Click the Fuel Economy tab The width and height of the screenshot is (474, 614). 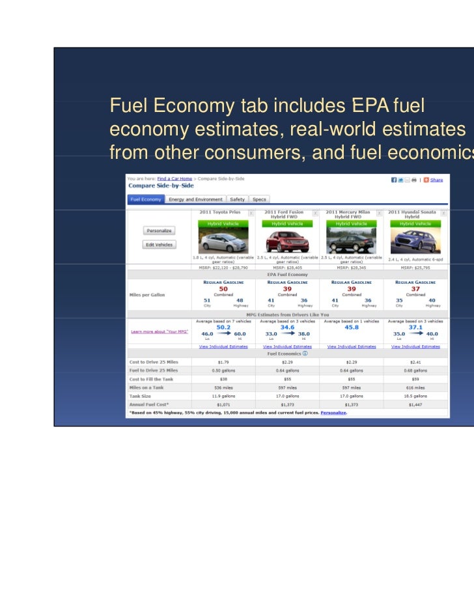coord(145,199)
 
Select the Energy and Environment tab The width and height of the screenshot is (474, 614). coord(195,199)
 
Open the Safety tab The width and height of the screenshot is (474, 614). coord(237,199)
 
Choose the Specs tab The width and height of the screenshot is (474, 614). coord(259,199)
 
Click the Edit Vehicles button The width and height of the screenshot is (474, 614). coord(159,245)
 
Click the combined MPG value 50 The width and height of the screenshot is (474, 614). coord(223,288)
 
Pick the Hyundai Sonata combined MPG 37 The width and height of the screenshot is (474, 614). coord(415,288)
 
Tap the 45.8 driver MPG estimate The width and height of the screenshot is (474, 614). coord(351,328)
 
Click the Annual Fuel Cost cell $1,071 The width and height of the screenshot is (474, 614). coord(223,405)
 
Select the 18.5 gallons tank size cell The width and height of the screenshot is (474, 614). coord(415,396)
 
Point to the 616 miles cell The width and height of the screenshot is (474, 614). coord(415,387)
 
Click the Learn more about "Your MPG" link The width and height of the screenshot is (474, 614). coord(160,331)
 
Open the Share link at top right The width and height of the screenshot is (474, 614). coord(436,180)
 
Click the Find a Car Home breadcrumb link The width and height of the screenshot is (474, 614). coord(174,178)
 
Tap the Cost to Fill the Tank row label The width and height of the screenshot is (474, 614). coord(151,379)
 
